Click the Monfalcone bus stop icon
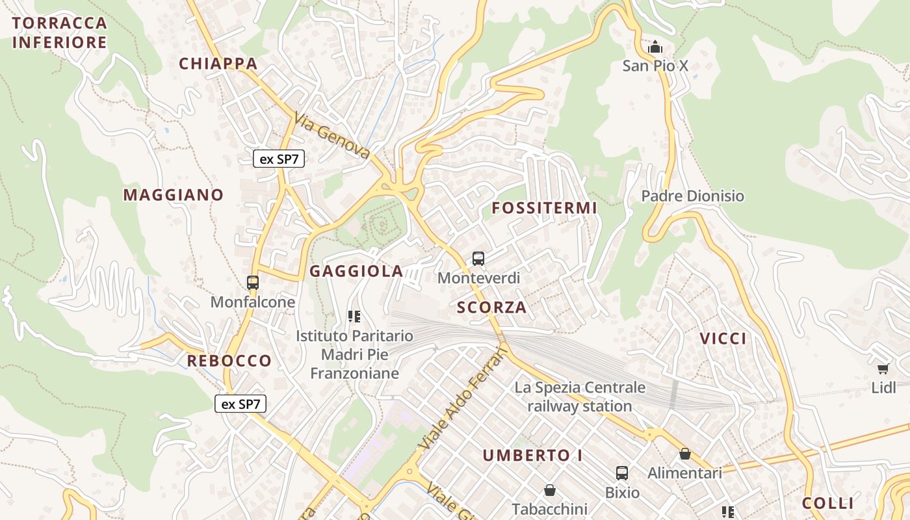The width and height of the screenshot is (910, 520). pyautogui.click(x=253, y=283)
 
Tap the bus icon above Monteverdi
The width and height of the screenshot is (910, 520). pyautogui.click(x=478, y=259)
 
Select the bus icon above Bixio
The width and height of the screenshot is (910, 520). pyautogui.click(x=622, y=473)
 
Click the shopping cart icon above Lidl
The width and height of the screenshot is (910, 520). pyautogui.click(x=883, y=369)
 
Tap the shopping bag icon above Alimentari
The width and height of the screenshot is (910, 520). pyautogui.click(x=684, y=454)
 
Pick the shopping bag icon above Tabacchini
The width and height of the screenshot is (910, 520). pyautogui.click(x=550, y=489)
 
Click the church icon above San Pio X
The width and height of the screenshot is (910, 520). pyautogui.click(x=655, y=47)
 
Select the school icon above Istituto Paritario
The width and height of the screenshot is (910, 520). pyautogui.click(x=354, y=317)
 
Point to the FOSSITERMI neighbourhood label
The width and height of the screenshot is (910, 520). pyautogui.click(x=544, y=208)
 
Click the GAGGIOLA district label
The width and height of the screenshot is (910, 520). pyautogui.click(x=356, y=272)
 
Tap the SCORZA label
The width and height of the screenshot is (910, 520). pyautogui.click(x=491, y=307)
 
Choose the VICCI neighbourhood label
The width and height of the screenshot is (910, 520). pyautogui.click(x=723, y=339)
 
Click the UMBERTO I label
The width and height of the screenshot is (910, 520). pyautogui.click(x=532, y=456)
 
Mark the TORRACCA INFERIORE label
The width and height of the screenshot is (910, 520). pyautogui.click(x=59, y=32)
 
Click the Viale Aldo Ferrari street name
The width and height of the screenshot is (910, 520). pyautogui.click(x=462, y=398)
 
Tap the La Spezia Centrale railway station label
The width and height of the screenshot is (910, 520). pyautogui.click(x=580, y=396)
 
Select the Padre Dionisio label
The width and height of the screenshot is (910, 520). pyautogui.click(x=692, y=196)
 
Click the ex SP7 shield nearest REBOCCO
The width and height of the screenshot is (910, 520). pyautogui.click(x=240, y=404)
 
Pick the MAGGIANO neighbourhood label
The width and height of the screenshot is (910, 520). pyautogui.click(x=173, y=195)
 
